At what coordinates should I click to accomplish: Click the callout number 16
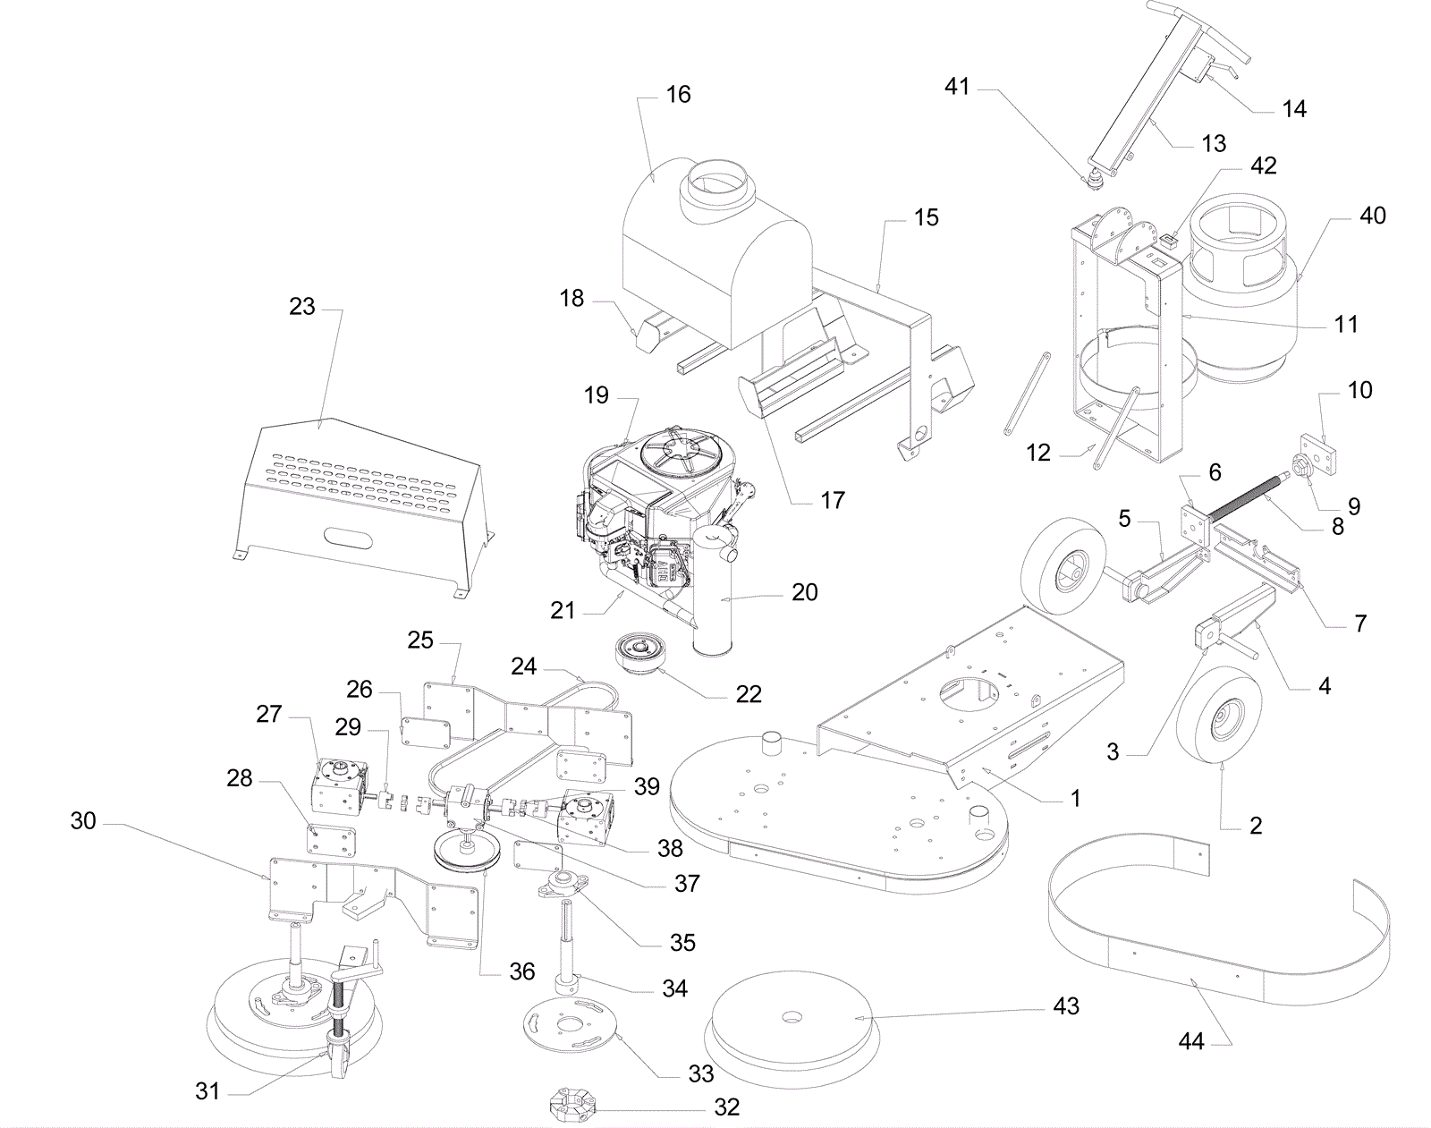pyautogui.click(x=678, y=95)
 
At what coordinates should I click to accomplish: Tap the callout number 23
pyautogui.click(x=302, y=307)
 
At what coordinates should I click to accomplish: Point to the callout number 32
pyautogui.click(x=727, y=1107)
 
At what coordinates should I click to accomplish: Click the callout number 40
pyautogui.click(x=1373, y=216)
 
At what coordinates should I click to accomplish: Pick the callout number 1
pyautogui.click(x=1075, y=798)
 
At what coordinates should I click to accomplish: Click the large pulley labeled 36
pyautogui.click(x=466, y=853)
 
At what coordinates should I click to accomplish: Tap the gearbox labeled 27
pyautogui.click(x=339, y=787)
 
